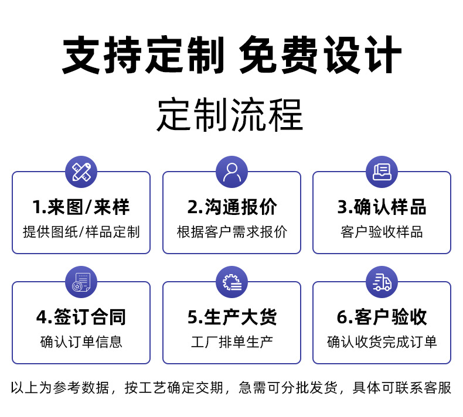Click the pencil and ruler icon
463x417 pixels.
[81, 172]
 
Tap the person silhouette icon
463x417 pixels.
[231, 172]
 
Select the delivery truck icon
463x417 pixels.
[382, 282]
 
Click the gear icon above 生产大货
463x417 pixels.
[231, 282]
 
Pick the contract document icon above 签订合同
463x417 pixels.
[81, 282]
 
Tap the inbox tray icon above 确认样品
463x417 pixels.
[382, 172]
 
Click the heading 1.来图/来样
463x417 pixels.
[81, 207]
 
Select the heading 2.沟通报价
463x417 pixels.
[231, 207]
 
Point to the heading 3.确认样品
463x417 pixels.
[382, 207]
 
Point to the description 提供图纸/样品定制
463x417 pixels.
[81, 232]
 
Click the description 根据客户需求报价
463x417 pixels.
[231, 232]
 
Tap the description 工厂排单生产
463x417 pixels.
[231, 342]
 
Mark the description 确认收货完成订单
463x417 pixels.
[382, 342]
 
